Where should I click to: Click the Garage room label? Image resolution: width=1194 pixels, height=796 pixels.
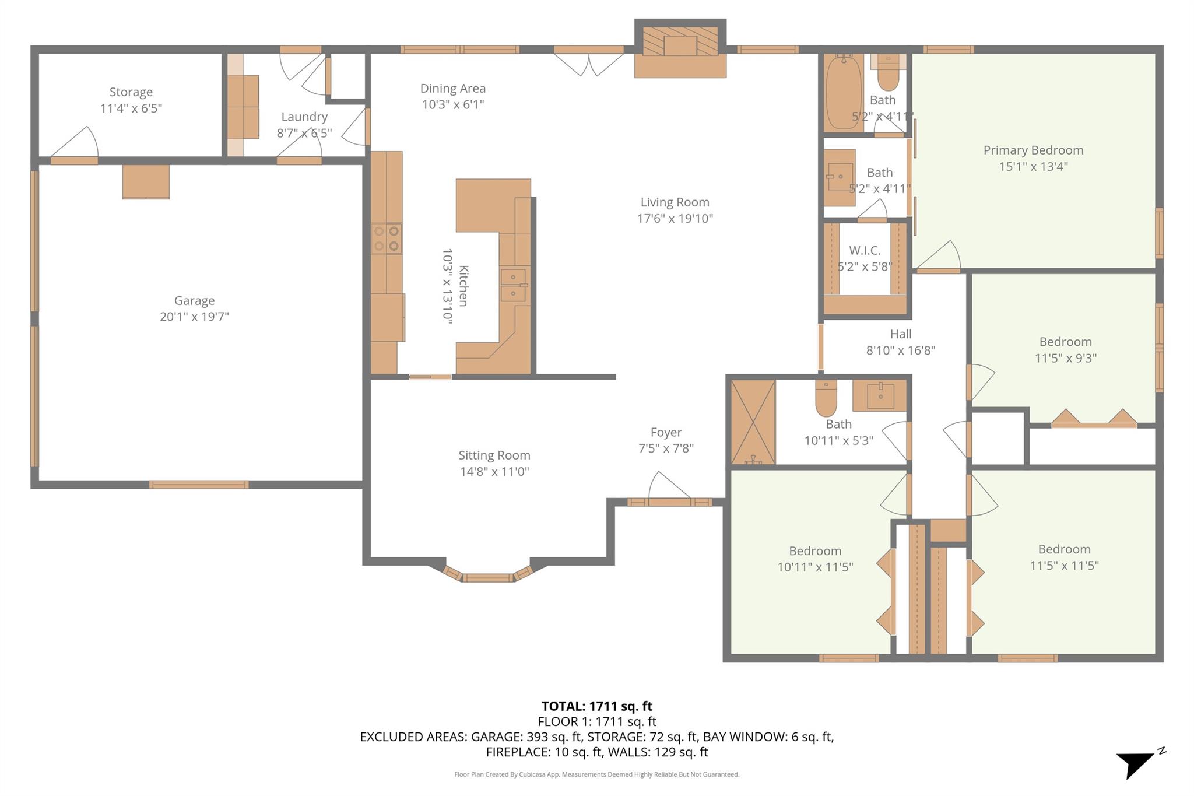point(194,300)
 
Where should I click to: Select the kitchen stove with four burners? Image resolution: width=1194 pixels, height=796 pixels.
point(386,239)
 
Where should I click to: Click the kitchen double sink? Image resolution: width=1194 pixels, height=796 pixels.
point(514,285)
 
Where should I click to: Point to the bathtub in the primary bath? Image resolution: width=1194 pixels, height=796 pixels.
point(843,92)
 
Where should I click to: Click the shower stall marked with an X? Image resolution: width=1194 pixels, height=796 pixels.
point(753,422)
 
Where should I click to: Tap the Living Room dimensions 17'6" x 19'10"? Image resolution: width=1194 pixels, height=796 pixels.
point(675,219)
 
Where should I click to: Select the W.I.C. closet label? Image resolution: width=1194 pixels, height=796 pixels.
point(865,251)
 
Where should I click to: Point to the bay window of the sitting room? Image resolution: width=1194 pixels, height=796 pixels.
point(488,577)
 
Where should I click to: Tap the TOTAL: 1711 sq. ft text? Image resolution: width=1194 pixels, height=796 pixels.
point(596,707)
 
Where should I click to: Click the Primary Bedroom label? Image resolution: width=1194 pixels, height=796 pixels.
point(1033,150)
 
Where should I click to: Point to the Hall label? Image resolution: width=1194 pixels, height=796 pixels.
point(900,334)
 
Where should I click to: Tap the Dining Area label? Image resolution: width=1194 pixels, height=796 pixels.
point(452,89)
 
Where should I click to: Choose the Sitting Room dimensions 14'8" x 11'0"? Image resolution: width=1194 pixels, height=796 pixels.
point(494,471)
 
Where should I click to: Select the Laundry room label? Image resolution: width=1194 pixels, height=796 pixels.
point(304,117)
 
